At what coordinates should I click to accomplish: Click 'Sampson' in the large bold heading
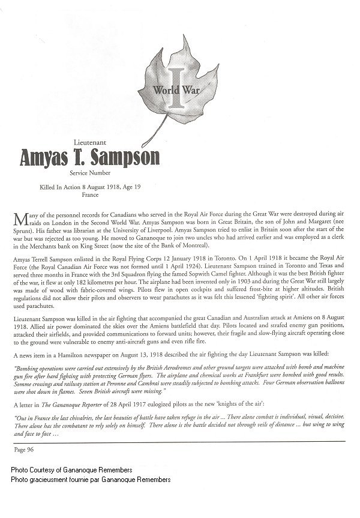coord(126,157)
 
